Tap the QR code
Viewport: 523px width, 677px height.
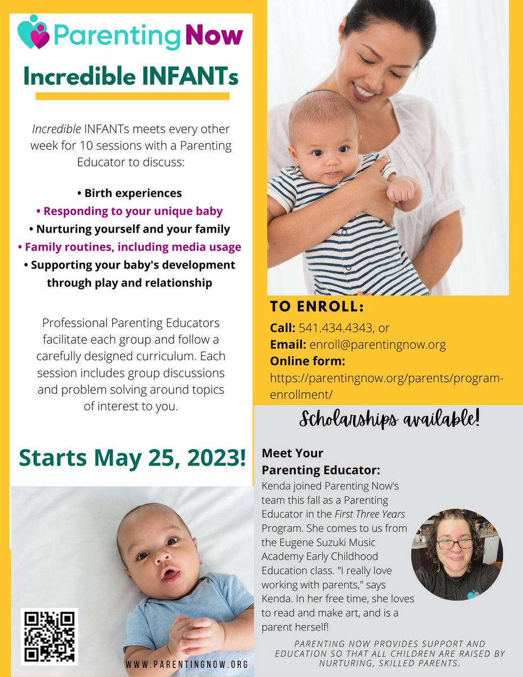50,636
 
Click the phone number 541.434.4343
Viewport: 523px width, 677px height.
344,327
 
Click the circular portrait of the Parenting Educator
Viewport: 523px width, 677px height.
457,555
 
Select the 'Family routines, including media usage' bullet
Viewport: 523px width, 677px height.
129,247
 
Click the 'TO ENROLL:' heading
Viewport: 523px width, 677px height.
317,307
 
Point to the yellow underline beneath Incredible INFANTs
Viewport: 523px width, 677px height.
132,96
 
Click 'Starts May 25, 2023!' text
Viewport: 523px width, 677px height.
132,458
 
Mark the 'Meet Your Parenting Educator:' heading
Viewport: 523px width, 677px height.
305,461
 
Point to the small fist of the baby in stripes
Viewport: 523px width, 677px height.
401,192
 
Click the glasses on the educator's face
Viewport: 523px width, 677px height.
454,544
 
